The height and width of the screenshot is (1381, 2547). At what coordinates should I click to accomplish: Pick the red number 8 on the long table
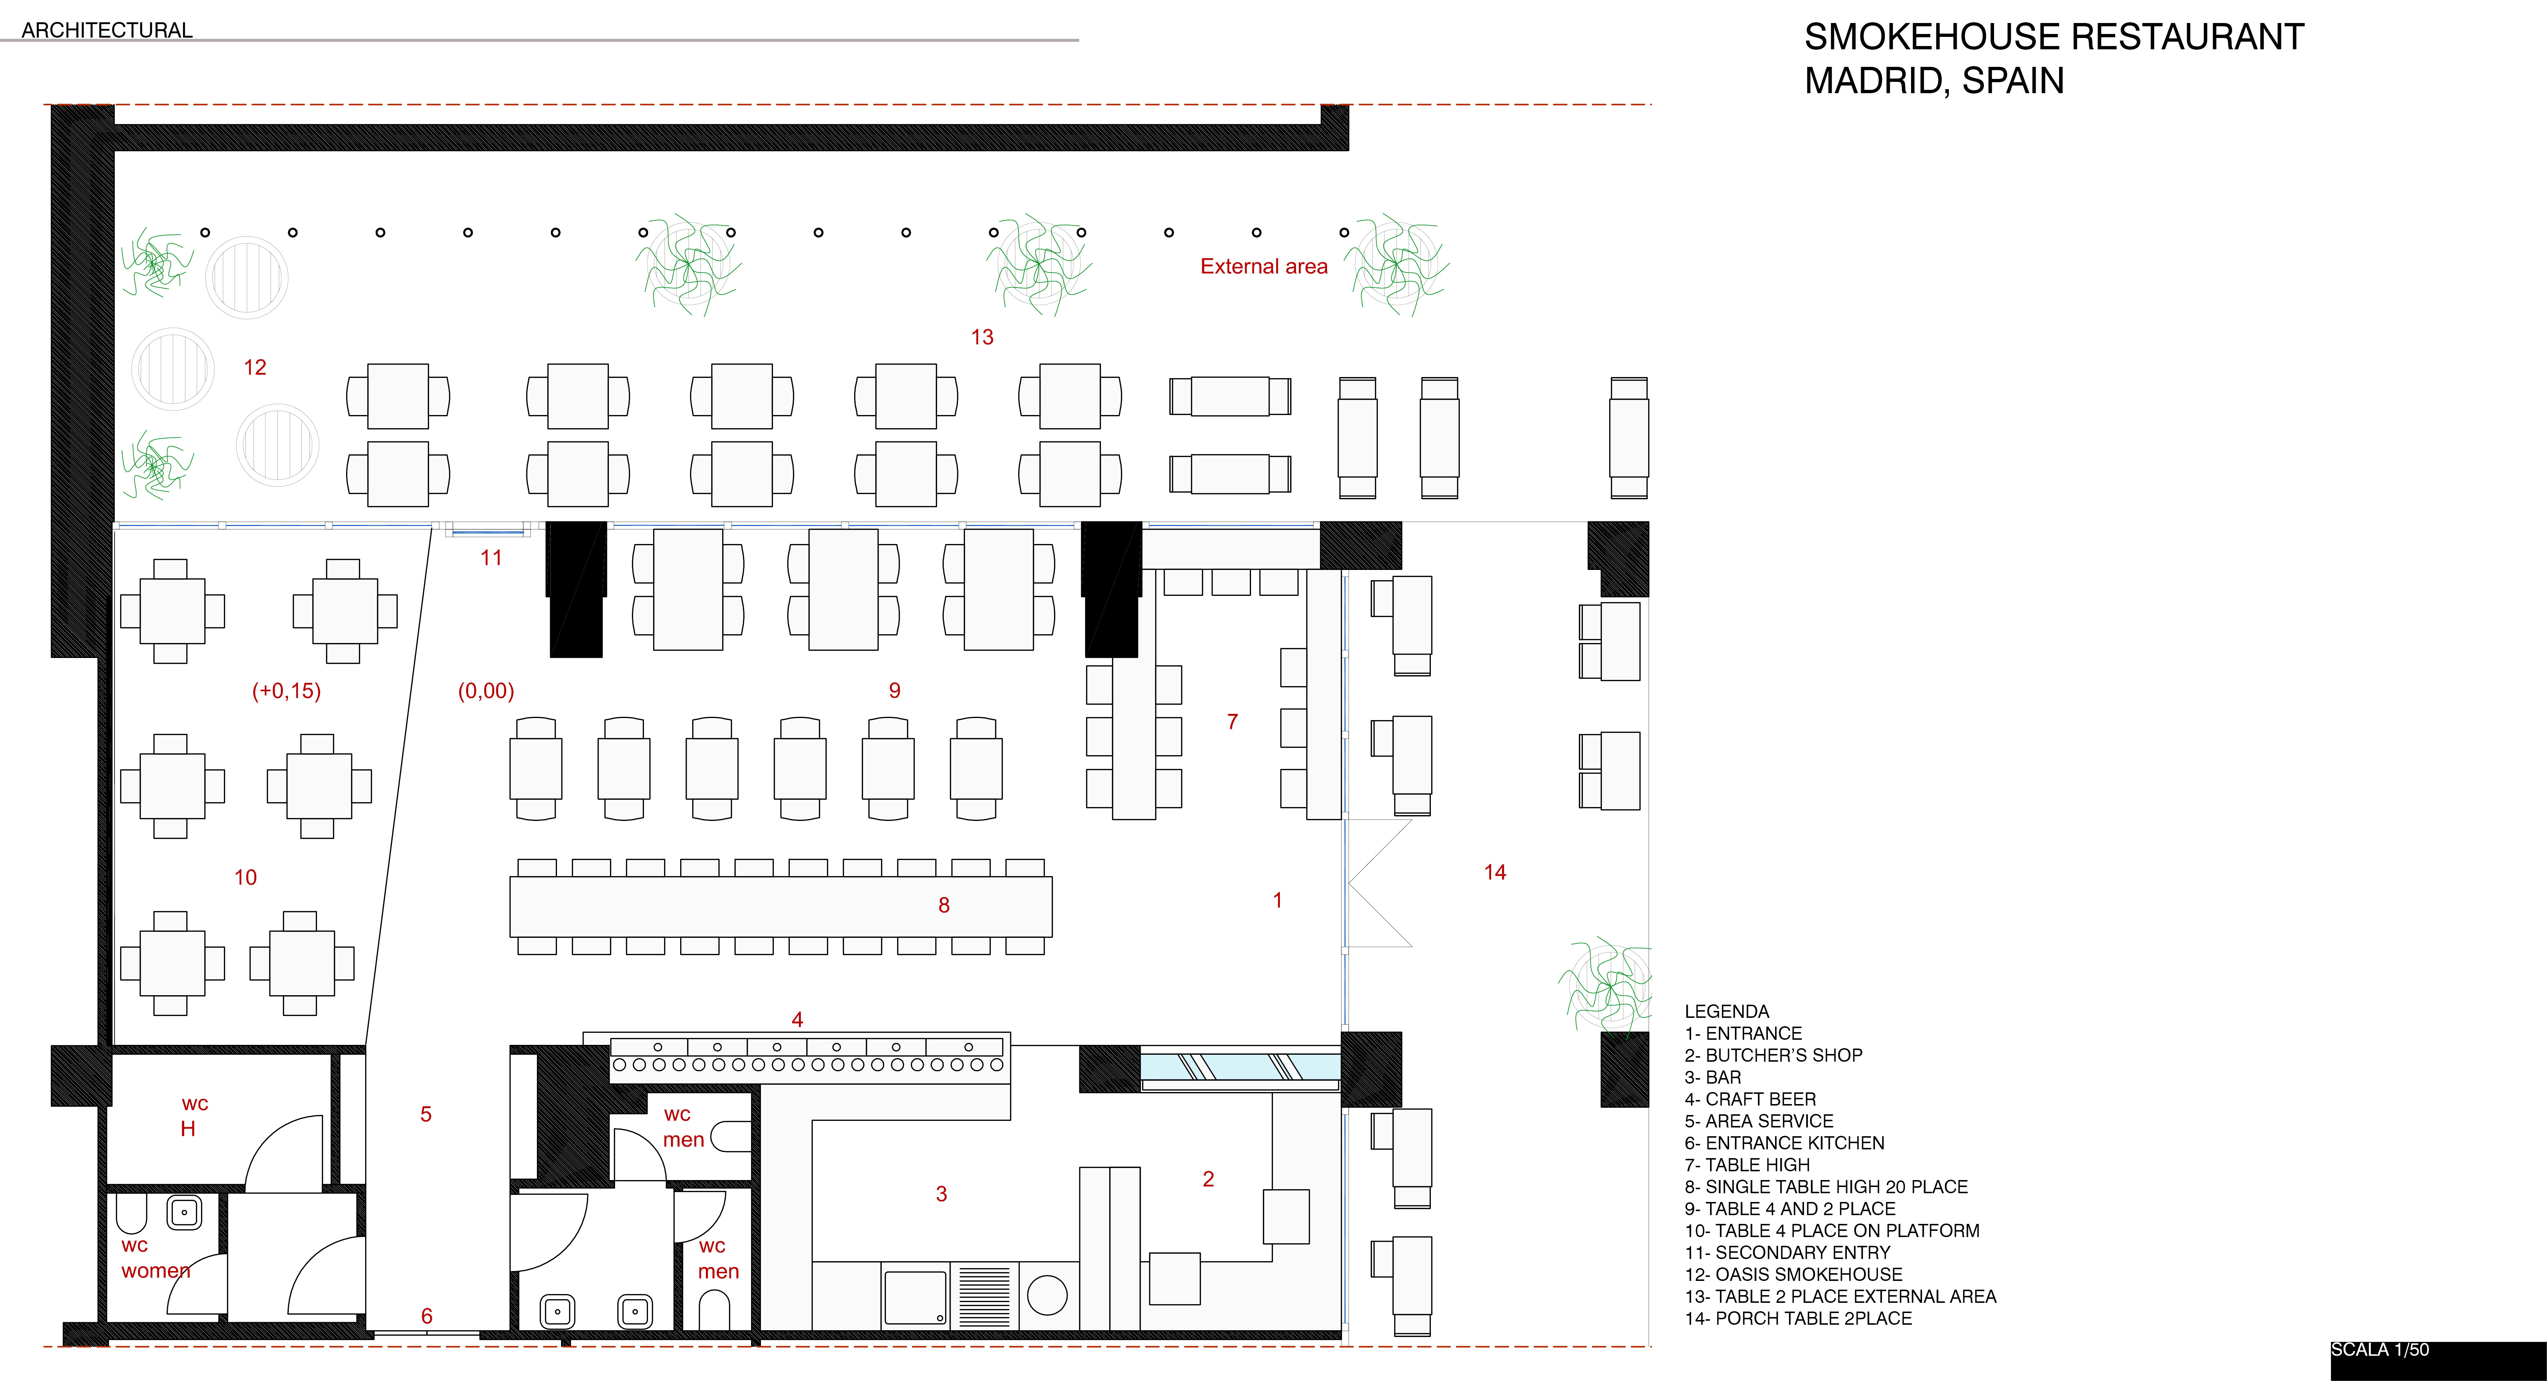click(x=943, y=906)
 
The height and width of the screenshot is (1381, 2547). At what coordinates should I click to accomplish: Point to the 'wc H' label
click(x=193, y=1116)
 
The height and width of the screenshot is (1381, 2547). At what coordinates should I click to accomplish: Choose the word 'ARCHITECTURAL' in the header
click(x=107, y=31)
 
